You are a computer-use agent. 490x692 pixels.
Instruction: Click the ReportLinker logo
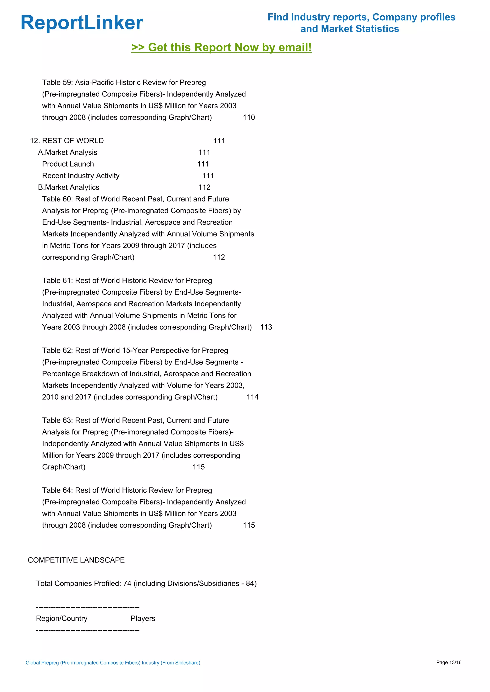click(82, 23)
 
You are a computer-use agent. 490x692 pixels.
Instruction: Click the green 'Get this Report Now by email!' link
click(222, 48)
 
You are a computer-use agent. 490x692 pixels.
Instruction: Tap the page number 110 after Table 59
click(249, 118)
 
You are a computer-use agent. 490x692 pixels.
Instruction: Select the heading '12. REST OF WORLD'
click(67, 141)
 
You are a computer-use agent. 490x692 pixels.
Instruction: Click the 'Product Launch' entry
click(68, 164)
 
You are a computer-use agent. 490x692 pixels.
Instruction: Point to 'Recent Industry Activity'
click(81, 176)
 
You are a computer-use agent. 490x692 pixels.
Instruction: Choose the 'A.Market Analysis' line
click(67, 152)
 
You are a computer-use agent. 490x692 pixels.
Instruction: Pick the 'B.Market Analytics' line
click(68, 188)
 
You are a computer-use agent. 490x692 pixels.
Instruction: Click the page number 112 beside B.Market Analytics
click(204, 188)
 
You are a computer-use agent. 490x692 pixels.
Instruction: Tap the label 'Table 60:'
click(57, 199)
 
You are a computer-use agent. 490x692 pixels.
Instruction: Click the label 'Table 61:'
click(57, 281)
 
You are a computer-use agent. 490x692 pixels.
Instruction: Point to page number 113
click(266, 327)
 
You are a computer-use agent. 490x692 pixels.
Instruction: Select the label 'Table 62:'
click(57, 351)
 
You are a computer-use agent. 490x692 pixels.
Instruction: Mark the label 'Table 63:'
click(57, 421)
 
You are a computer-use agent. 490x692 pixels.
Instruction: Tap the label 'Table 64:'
click(57, 490)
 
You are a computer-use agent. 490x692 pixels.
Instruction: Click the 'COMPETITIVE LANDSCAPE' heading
click(76, 560)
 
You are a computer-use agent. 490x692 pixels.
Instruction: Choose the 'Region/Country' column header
click(61, 618)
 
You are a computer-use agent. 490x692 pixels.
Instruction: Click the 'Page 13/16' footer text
click(449, 662)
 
